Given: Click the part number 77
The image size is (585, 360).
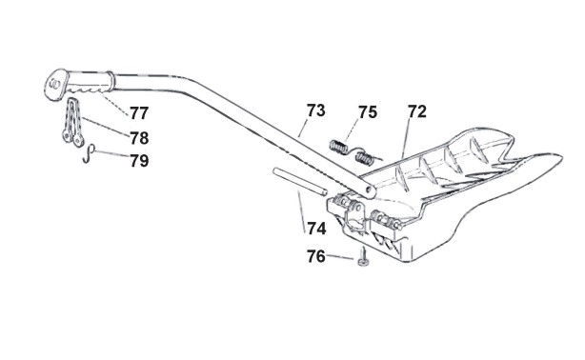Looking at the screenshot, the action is coord(139,112).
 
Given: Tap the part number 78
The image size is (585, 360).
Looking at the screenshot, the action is coord(139,138).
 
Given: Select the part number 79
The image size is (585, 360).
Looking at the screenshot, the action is coord(139,161).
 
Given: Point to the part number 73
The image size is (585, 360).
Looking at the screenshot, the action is coord(316,110).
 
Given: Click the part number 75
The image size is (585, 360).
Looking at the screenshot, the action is coord(368,112).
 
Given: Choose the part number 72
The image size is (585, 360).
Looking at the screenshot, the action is coord(416,111).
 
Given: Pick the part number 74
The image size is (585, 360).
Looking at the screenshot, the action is coord(316,228).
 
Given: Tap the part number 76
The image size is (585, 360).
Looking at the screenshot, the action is coord(316,256).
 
